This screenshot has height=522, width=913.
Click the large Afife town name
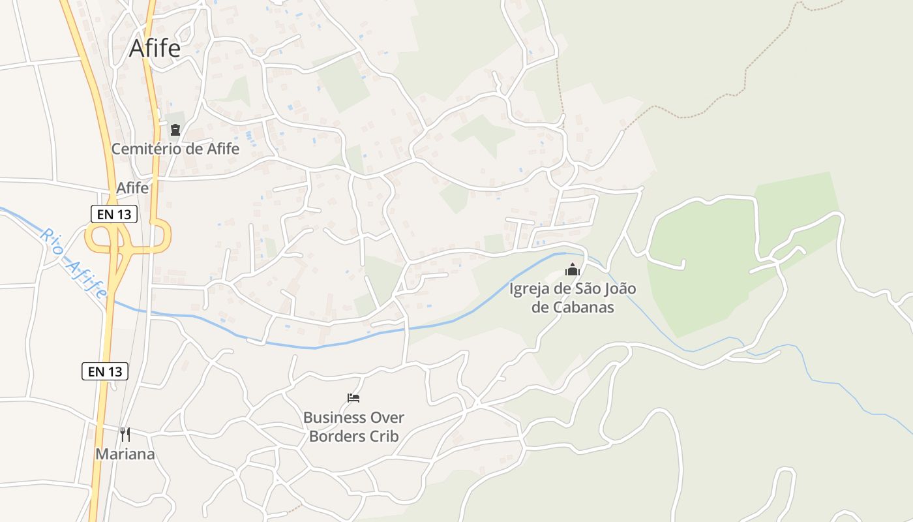155,48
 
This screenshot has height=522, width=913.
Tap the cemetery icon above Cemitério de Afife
175,130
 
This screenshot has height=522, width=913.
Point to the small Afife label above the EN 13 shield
132,188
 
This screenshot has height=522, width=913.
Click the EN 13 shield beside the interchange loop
113,214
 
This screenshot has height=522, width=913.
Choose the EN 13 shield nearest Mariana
104,371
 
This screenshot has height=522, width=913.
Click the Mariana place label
125,454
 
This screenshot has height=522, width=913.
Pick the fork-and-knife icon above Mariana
125,434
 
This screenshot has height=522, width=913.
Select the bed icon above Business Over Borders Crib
353,397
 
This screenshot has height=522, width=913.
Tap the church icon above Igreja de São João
573,269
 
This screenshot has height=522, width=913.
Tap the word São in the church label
582,288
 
